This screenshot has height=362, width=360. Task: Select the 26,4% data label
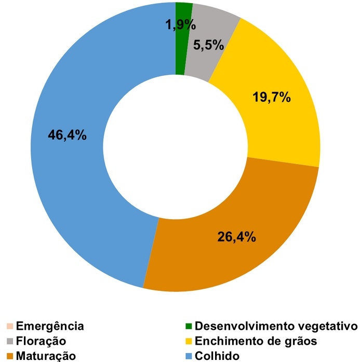[236, 237]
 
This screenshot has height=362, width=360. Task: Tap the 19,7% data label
[271, 97]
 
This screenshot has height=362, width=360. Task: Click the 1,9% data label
[180, 24]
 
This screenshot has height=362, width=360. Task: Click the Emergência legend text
[50, 326]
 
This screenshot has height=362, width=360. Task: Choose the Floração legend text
[41, 341]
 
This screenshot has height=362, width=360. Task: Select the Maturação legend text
[46, 356]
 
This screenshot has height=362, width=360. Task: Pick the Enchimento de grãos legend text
[255, 341]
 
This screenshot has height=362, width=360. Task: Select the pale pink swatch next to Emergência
[9, 326]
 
